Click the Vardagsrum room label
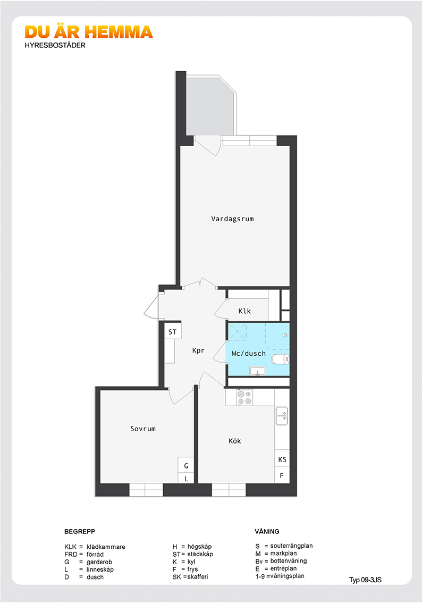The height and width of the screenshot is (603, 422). click(x=232, y=219)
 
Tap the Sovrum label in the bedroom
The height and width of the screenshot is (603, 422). click(x=143, y=429)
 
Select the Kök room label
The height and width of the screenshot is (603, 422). click(x=235, y=441)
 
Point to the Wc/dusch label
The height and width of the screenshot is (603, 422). click(x=249, y=353)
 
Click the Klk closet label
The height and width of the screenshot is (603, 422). click(x=244, y=311)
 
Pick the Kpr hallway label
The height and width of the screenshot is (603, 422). click(x=198, y=350)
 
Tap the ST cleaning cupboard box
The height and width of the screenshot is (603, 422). click(x=173, y=331)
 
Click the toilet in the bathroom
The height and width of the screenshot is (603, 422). click(x=280, y=359)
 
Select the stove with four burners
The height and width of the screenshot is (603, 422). click(x=244, y=398)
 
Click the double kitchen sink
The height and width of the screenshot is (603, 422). click(x=282, y=416)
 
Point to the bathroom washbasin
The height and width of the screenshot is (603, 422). click(x=257, y=371)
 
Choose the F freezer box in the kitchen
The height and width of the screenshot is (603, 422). click(x=282, y=475)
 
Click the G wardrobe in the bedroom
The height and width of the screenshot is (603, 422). click(x=186, y=465)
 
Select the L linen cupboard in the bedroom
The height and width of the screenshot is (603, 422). click(x=186, y=478)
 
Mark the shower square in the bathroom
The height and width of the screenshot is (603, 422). click(x=238, y=332)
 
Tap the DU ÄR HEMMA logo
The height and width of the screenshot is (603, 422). click(x=89, y=32)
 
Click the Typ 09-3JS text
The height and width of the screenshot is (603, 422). click(x=366, y=580)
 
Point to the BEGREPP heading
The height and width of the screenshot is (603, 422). click(x=80, y=531)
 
